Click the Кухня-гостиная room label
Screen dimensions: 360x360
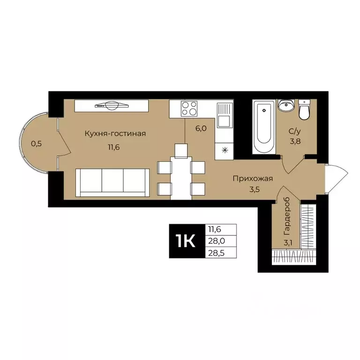pyautogui.click(x=115, y=134)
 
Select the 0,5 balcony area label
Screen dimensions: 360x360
pyautogui.click(x=37, y=144)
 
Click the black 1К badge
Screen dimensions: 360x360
pyautogui.click(x=186, y=241)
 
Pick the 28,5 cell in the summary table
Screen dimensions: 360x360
pyautogui.click(x=220, y=253)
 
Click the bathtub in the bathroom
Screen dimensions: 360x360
pyautogui.click(x=264, y=126)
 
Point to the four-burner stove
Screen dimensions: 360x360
pyautogui.click(x=189, y=109)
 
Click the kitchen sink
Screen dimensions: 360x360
pyautogui.click(x=224, y=115)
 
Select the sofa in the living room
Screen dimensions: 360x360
pyautogui.click(x=112, y=182)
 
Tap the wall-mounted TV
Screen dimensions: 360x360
pyautogui.click(x=112, y=105)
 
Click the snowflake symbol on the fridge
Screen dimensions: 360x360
pyautogui.click(x=224, y=150)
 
